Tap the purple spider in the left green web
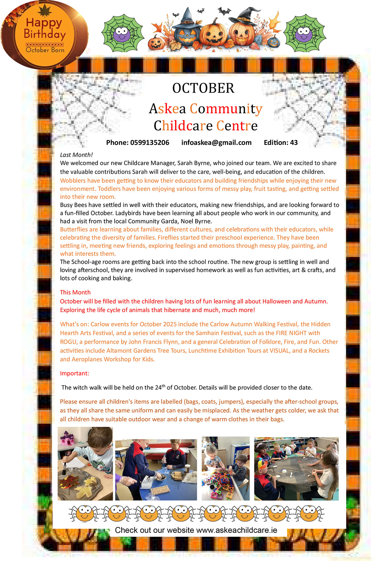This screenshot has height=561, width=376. click(x=122, y=34)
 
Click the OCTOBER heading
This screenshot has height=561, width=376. click(x=203, y=88)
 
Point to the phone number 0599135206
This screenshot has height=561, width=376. click(x=149, y=143)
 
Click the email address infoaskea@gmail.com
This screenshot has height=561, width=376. click(x=216, y=143)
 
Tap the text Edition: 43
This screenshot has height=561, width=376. click(x=280, y=143)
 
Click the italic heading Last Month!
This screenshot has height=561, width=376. click(x=76, y=155)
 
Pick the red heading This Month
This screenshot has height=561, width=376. click(x=75, y=292)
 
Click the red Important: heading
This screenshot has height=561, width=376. click(x=75, y=373)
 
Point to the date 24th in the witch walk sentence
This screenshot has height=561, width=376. click(x=160, y=387)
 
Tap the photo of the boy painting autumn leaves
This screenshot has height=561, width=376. click(x=85, y=464)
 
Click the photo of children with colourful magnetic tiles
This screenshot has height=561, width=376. click(x=225, y=468)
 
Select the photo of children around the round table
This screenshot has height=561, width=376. click(x=296, y=468)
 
